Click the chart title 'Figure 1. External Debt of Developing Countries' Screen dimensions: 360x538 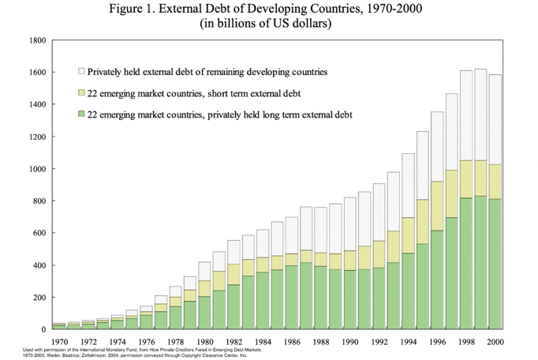point(268,9)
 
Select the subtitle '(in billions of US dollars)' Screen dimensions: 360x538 point(268,24)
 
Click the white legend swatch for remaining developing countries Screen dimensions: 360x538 point(80,71)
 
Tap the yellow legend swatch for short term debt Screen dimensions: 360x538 point(80,93)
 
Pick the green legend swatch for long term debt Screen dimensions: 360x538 point(80,115)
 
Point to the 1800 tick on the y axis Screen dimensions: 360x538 point(35,40)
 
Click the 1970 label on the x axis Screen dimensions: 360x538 point(58,341)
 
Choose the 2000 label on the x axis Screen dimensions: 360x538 point(495,341)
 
